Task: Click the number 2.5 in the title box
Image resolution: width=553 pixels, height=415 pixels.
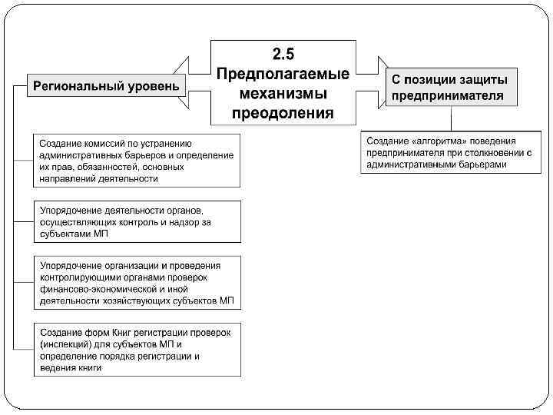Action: (283, 53)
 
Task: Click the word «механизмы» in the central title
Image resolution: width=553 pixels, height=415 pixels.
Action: (283, 94)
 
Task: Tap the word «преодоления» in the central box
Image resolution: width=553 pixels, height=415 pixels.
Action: (283, 114)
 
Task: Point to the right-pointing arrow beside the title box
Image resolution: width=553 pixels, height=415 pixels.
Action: (373, 85)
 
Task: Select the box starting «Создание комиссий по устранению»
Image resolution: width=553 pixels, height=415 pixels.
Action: (137, 160)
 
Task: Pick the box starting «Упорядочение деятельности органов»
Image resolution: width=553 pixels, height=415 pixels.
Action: (137, 221)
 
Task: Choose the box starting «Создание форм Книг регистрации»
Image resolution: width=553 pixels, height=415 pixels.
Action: (137, 349)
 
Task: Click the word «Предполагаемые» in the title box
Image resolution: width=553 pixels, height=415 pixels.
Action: (283, 74)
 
